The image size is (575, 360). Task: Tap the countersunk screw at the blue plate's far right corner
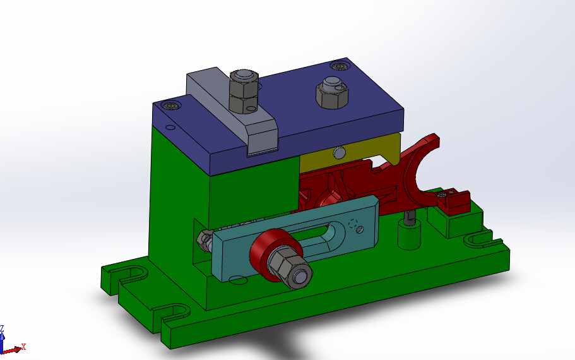point(340,65)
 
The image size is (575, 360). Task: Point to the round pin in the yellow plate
point(340,152)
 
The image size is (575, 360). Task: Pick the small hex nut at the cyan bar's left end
point(203,238)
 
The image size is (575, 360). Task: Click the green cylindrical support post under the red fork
point(408,235)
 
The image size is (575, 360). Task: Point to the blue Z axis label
point(3,328)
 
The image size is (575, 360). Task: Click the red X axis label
point(23,347)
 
